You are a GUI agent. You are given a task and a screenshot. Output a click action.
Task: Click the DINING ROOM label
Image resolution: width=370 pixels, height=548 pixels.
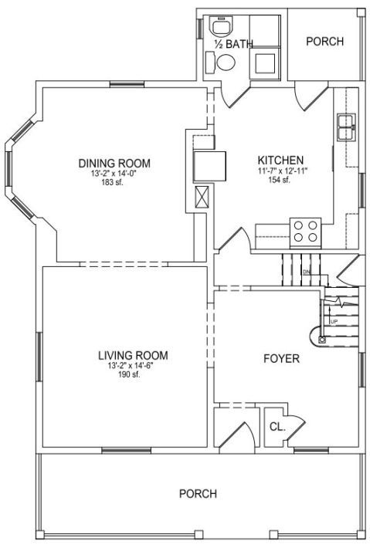[114, 163]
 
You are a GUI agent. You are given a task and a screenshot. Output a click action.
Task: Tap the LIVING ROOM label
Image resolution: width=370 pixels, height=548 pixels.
[133, 356]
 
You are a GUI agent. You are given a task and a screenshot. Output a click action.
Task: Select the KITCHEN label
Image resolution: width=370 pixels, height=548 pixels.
[280, 161]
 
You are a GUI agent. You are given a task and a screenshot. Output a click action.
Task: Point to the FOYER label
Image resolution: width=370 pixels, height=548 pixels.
[281, 359]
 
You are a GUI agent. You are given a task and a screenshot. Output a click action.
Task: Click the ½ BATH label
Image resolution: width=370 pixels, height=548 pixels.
[233, 44]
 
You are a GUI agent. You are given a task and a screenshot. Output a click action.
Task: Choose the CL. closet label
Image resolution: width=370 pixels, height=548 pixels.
[277, 427]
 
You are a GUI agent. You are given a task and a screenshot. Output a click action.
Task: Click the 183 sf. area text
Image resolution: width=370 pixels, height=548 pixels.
[112, 182]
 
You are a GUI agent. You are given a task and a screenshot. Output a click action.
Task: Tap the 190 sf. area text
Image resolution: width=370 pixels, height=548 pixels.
[130, 374]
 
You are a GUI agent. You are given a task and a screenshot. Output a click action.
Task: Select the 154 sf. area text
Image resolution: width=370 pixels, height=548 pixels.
[280, 180]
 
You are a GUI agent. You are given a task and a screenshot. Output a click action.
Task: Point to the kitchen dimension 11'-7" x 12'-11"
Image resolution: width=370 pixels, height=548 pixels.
[280, 171]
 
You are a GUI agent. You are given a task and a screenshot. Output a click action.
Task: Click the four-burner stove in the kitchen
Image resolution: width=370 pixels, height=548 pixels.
[306, 232]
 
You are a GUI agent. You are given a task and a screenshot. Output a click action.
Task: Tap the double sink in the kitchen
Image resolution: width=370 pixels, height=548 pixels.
[346, 127]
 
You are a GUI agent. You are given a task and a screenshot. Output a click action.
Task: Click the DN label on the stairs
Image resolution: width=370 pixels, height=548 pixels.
[307, 272]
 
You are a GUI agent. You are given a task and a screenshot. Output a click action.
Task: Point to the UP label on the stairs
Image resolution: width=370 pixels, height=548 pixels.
[334, 321]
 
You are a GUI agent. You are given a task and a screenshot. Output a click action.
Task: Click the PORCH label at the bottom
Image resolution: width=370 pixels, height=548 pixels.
[198, 493]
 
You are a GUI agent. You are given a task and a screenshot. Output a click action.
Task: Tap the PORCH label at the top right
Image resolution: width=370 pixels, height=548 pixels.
[325, 41]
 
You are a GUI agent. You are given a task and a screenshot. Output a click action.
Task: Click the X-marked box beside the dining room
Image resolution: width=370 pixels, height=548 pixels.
[202, 197]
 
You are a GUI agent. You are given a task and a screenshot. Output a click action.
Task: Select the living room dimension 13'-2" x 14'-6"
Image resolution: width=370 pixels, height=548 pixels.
[130, 366]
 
